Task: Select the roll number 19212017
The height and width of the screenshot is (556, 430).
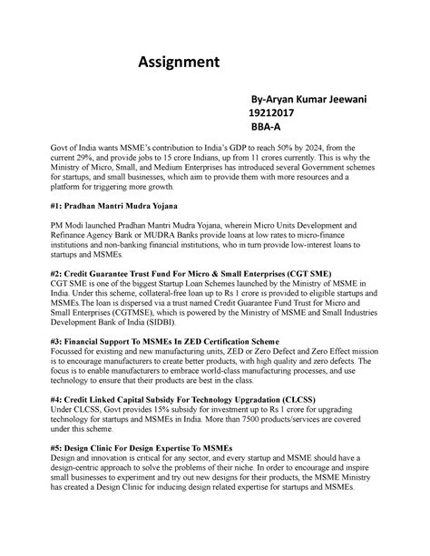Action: pos(266,113)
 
